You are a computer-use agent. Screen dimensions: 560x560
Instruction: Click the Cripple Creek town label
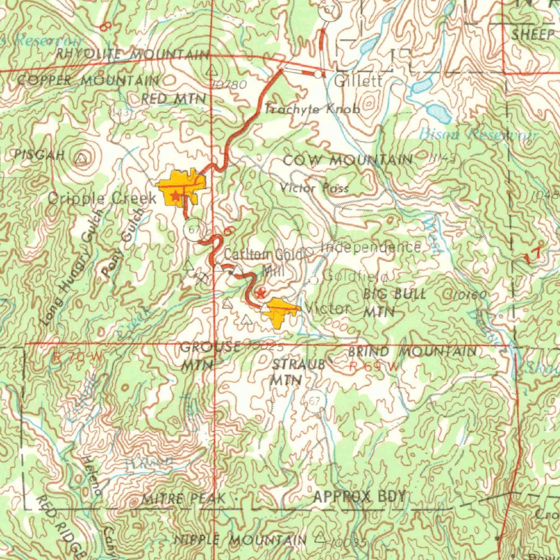pyautogui.click(x=102, y=198)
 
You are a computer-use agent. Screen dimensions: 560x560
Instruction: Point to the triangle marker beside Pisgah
pyautogui.click(x=81, y=159)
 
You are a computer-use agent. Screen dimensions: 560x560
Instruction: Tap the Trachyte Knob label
pyautogui.click(x=312, y=109)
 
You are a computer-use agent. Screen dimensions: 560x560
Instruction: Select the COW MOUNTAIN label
pyautogui.click(x=348, y=160)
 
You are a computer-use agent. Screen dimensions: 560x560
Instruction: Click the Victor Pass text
pyautogui.click(x=314, y=188)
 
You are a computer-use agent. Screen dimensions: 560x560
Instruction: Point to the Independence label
pyautogui.click(x=371, y=247)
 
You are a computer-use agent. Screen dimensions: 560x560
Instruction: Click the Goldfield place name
pyautogui.click(x=355, y=276)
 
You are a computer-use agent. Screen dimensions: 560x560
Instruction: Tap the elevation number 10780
pyautogui.click(x=227, y=84)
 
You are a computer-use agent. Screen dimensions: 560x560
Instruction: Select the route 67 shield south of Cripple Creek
pyautogui.click(x=192, y=229)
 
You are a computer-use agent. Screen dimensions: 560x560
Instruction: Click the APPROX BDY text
pyautogui.click(x=359, y=497)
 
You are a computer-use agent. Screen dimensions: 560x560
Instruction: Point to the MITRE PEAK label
pyautogui.click(x=183, y=499)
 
